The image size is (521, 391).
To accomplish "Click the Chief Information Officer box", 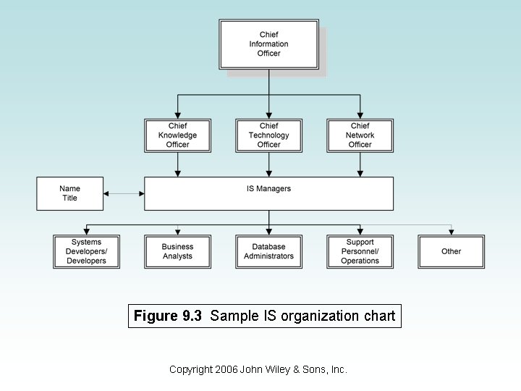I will point(268,44).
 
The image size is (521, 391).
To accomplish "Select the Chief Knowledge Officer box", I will point(177,135).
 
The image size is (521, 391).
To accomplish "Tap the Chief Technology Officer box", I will point(268,135).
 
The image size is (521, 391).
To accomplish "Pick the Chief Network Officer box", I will point(360,135).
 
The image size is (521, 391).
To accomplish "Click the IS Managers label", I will point(268,189).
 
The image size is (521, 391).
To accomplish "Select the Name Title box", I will point(69,193).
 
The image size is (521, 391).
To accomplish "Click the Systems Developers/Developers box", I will point(86,251).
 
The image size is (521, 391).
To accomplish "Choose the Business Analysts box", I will point(177,251).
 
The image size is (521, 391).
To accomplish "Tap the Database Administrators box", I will point(268,251).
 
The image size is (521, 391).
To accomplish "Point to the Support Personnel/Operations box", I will point(360,251).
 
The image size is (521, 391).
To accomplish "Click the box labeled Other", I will point(451,251).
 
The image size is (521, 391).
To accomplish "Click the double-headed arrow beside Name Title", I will point(124,193).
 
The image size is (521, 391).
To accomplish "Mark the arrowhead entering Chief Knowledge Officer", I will point(177,114).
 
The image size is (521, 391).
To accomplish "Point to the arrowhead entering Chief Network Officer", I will point(360,114).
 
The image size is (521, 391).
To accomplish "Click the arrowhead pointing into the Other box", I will point(451,231).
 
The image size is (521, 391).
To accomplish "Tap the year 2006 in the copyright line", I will point(226,369).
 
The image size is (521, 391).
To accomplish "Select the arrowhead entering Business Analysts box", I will point(177,231).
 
